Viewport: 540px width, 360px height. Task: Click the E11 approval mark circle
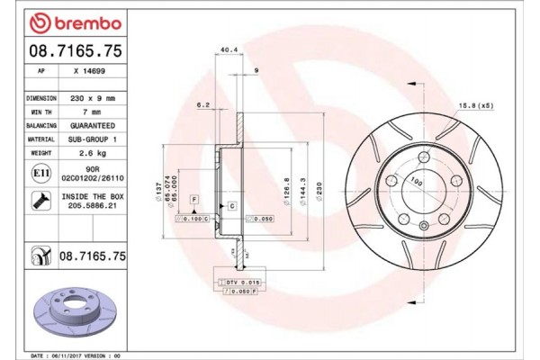click(40, 172)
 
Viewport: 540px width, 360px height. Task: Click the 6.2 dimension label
click(203, 105)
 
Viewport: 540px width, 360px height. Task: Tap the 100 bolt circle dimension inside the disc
click(417, 181)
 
